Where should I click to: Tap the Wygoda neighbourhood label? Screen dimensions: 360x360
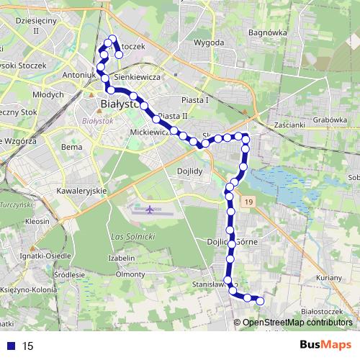click(209, 42)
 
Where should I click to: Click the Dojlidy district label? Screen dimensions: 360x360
click(189, 171)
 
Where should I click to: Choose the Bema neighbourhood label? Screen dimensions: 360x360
click(72, 147)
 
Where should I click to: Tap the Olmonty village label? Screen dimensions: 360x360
click(130, 274)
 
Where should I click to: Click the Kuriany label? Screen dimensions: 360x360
click(328, 277)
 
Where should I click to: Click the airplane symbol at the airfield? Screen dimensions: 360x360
click(149, 210)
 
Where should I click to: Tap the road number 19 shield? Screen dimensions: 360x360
click(249, 204)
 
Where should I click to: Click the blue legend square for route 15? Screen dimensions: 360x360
click(12, 346)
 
